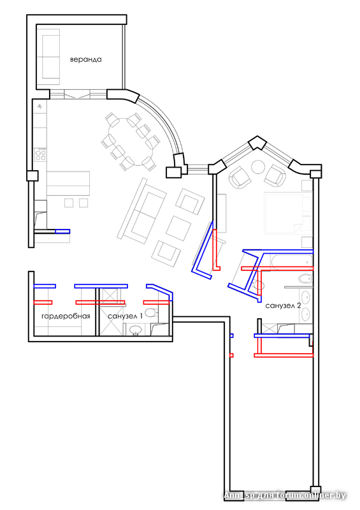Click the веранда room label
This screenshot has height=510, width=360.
(86, 59)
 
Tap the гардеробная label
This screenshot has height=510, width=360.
(66, 316)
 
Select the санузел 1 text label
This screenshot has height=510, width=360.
(125, 316)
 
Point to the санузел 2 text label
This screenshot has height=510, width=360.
(283, 306)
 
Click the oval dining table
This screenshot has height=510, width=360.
(131, 141)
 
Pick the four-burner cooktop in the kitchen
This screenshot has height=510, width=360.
(41, 154)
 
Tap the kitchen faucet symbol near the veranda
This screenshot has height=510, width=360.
(40, 106)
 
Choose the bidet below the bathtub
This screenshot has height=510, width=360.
(305, 279)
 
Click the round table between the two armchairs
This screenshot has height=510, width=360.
(259, 168)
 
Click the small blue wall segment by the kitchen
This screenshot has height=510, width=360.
(62, 231)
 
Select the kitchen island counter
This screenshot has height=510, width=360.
(68, 183)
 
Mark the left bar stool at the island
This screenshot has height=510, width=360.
(69, 203)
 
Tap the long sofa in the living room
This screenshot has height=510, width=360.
(142, 211)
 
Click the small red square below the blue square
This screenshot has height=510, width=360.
(231, 355)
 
